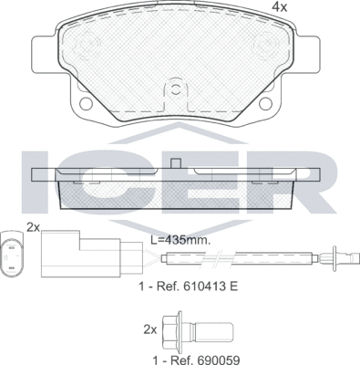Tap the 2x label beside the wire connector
pyautogui.click(x=34, y=226)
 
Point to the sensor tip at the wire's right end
pyautogui.click(x=339, y=258)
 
